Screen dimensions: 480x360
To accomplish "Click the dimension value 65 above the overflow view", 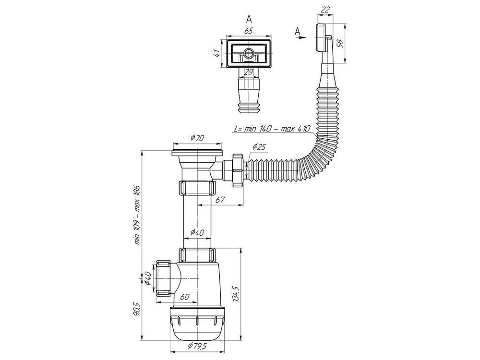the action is point(249,31).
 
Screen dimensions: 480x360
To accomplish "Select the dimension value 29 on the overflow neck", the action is point(249,72).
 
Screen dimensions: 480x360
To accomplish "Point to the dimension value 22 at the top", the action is point(325,10).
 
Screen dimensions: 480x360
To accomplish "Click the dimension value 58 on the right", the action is point(340,43).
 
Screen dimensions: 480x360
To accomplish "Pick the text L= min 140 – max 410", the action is point(272,129).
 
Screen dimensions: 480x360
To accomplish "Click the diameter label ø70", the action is point(197,138).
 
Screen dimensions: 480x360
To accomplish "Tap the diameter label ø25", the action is point(259,147).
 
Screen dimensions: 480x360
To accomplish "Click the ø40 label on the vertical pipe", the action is point(197,232).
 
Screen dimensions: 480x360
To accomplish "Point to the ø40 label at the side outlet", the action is point(147,278).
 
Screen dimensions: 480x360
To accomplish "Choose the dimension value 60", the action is point(185,296).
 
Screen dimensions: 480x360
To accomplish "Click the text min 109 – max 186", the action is point(137,215).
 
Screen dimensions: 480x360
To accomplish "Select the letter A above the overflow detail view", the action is point(249,19).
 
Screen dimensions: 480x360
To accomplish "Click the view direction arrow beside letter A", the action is point(302,37).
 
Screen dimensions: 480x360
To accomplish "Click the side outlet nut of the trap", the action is point(163,278).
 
